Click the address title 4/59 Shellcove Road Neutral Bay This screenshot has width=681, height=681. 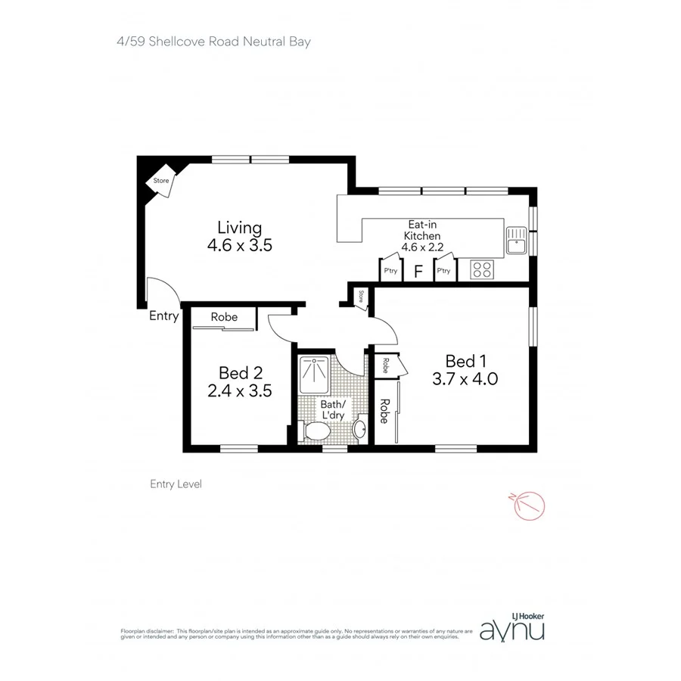point(208,42)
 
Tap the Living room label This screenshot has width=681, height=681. point(239,227)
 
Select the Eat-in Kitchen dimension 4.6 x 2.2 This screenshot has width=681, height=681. point(421,247)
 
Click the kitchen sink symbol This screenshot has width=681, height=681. point(517,241)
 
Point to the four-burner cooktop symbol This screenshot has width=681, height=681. point(482,269)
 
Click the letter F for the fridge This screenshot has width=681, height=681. point(418,271)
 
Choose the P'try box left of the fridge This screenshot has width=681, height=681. point(390,270)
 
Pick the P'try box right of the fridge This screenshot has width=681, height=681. point(443,270)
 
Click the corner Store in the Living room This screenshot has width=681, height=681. point(160,182)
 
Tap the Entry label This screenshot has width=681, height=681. point(163,316)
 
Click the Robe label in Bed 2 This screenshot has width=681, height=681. point(224,317)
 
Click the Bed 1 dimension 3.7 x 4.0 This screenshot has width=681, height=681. point(464,379)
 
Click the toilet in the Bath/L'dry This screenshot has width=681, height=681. point(315,432)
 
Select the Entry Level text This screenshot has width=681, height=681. point(176,484)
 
